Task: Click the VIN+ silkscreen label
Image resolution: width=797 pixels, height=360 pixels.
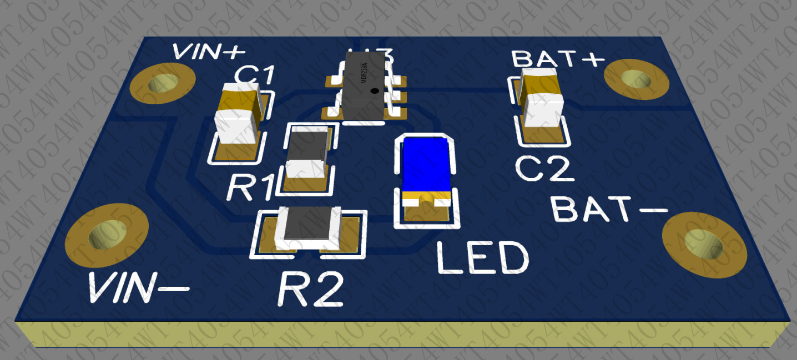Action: [x=209, y=52]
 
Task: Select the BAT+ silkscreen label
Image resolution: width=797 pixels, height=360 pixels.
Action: [x=557, y=58]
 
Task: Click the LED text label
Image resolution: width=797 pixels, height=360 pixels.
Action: [x=482, y=258]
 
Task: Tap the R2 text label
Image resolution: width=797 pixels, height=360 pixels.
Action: [x=310, y=289]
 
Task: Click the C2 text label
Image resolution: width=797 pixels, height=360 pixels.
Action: [x=543, y=169]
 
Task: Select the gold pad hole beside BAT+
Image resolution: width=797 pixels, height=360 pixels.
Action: [x=635, y=79]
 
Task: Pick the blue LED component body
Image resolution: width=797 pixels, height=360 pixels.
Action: [x=426, y=165]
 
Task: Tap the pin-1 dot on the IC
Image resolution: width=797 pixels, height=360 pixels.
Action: [x=375, y=90]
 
